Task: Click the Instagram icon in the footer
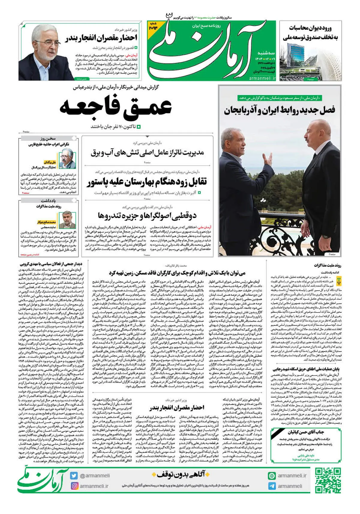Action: click(x=74, y=486)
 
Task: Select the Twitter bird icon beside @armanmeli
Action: click(x=74, y=476)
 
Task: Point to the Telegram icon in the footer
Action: click(x=272, y=486)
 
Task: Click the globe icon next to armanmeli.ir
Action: click(x=272, y=476)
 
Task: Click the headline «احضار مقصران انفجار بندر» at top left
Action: click(x=101, y=38)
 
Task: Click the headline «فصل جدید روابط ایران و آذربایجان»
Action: click(x=279, y=110)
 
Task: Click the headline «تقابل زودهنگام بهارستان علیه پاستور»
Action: click(x=147, y=182)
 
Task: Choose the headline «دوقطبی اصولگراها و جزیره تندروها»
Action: click(x=147, y=215)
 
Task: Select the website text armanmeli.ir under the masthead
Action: click(x=262, y=78)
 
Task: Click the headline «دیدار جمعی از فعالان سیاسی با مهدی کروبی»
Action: click(x=51, y=264)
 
